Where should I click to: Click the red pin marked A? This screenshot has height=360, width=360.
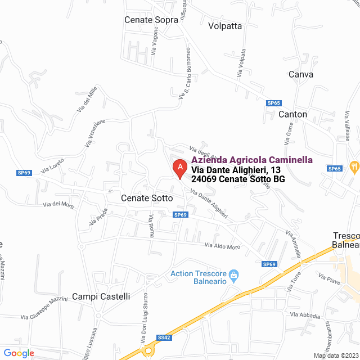(x=179, y=167)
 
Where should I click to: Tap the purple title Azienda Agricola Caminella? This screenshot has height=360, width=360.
(x=248, y=159)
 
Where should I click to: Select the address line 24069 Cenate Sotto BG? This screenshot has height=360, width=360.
(x=238, y=179)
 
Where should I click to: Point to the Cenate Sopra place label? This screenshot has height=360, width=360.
(x=151, y=20)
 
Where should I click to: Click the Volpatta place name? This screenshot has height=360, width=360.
(x=224, y=26)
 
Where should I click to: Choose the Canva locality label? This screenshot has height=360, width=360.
(x=300, y=74)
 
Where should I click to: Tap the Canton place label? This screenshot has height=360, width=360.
(x=293, y=114)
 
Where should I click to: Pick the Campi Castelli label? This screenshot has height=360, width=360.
(x=101, y=296)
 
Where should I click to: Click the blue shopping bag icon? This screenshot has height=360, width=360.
(x=235, y=274)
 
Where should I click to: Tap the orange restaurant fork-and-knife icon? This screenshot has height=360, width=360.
(x=354, y=166)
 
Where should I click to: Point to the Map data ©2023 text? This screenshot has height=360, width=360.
(x=335, y=355)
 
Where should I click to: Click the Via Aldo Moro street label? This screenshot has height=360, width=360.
(x=222, y=246)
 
